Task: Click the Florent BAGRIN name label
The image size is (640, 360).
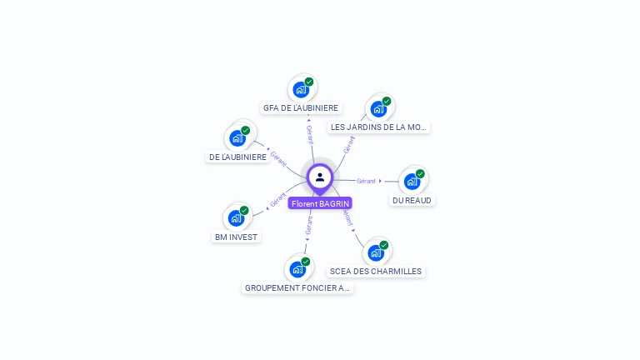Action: [320, 203]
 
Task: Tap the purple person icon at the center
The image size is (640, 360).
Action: [320, 177]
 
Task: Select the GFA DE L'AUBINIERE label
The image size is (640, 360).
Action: [301, 107]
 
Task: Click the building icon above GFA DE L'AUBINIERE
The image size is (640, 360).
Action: [301, 89]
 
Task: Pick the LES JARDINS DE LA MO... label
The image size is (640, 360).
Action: [378, 127]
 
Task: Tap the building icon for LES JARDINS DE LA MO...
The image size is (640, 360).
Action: [378, 109]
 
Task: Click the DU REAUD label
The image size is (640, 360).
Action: [412, 200]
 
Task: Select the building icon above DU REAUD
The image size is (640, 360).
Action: [412, 181]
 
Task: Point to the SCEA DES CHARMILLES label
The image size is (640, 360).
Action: [375, 271]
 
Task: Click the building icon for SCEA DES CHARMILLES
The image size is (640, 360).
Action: [376, 252]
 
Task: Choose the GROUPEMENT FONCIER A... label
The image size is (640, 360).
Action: [297, 287]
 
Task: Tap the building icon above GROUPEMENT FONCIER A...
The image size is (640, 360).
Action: [297, 269]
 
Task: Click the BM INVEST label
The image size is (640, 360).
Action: [237, 237]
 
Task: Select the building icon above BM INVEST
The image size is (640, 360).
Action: [236, 218]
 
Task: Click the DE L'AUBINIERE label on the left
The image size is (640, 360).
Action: [237, 157]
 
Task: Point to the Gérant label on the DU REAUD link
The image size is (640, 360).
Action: [366, 181]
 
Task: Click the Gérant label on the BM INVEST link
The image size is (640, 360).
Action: [277, 200]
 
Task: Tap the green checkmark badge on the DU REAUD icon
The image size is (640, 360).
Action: [420, 173]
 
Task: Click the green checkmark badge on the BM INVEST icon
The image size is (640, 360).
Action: [244, 211]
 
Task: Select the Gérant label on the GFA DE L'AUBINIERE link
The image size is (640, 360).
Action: [309, 135]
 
